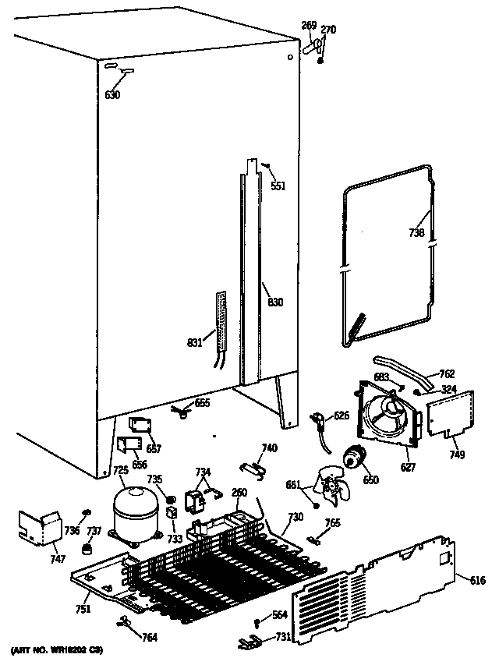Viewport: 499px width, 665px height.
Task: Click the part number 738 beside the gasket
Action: pyautogui.click(x=417, y=233)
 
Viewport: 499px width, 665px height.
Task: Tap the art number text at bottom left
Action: pyautogui.click(x=56, y=649)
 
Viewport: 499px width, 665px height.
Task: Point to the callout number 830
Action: pyautogui.click(x=275, y=302)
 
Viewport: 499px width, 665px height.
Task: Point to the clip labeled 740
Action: pyautogui.click(x=250, y=465)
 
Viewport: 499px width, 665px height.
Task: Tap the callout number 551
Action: pyautogui.click(x=278, y=186)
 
